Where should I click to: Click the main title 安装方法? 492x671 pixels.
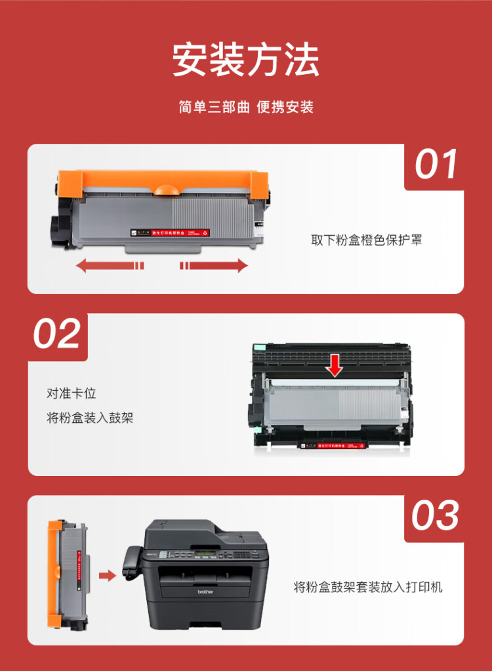coord(245,60)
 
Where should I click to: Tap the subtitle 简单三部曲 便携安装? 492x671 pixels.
coord(245,107)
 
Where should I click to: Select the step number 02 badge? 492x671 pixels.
coord(57,334)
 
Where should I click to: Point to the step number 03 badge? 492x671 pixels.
coord(435,515)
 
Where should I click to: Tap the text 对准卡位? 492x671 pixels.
coord(72,393)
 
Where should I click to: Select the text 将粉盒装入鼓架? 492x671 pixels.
coord(90,418)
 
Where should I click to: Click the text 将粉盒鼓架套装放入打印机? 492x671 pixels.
coord(368,586)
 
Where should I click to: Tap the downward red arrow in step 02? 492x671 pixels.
coord(335,366)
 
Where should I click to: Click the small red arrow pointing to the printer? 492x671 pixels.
coord(107,576)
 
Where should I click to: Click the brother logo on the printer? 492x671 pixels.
coord(206,592)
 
